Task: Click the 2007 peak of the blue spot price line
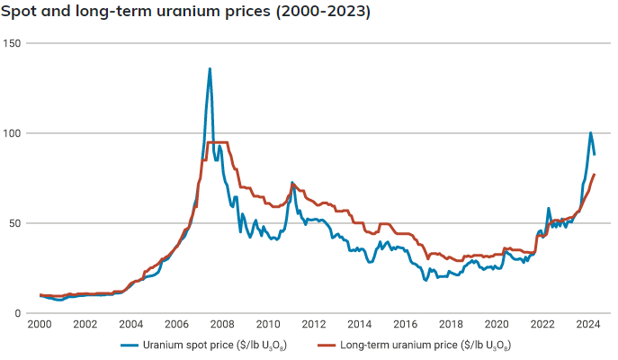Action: (x=210, y=69)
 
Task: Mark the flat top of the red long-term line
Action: (x=217, y=142)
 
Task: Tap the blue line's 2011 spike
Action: (x=291, y=183)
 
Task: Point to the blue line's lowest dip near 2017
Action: (x=425, y=280)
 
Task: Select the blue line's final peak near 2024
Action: (x=590, y=133)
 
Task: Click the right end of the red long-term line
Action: (x=594, y=175)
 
